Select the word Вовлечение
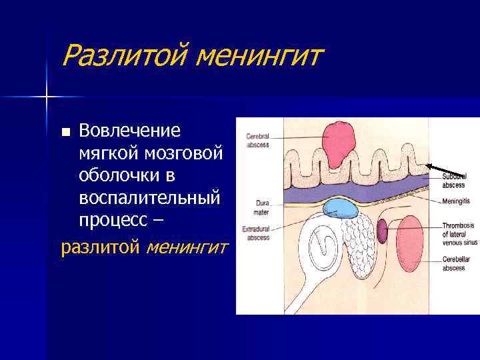point(130,129)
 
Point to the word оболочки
point(119,175)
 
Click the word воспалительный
point(149,198)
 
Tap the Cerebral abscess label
point(257,140)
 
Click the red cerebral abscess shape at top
point(339,141)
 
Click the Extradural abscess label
point(255,233)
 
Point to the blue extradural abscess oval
point(341,209)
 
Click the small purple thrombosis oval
point(383,231)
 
